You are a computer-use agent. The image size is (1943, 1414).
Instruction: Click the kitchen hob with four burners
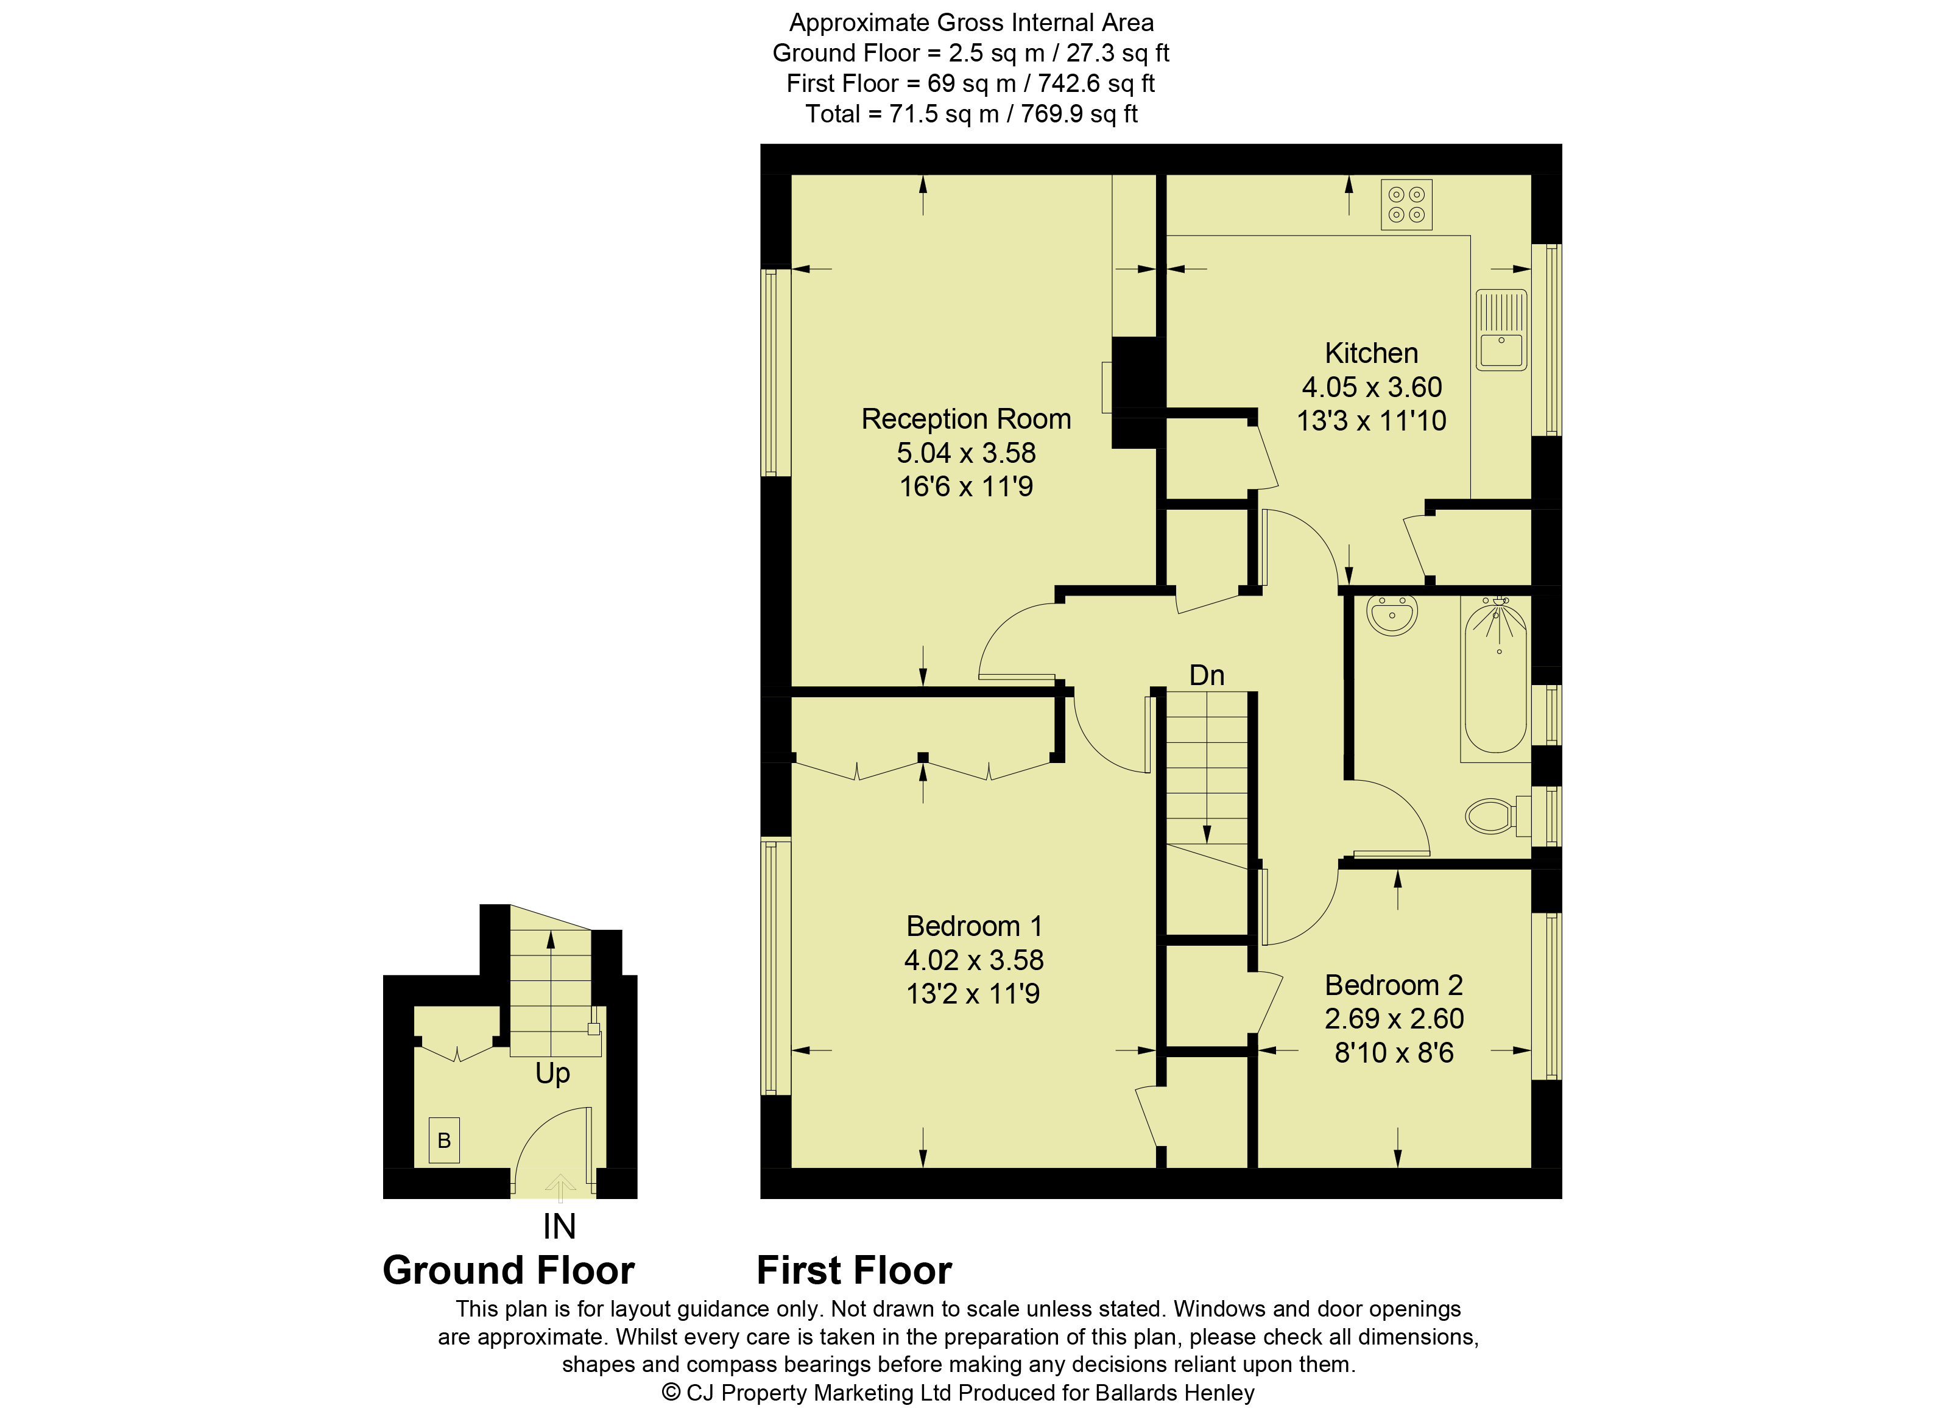click(1406, 205)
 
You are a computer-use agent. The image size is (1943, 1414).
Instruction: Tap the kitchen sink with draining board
click(1501, 329)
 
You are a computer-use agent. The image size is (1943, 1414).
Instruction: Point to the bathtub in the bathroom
click(1496, 677)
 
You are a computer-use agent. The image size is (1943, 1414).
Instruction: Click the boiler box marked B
click(444, 1140)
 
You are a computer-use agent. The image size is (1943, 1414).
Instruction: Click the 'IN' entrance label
click(559, 1227)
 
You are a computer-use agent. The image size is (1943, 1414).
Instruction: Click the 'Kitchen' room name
click(1372, 353)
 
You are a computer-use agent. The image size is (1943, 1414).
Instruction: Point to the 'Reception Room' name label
click(967, 419)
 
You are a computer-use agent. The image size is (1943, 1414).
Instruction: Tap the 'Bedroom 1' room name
click(974, 926)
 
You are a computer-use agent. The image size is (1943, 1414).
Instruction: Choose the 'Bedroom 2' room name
click(1394, 985)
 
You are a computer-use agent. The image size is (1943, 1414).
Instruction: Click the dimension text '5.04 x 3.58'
click(967, 452)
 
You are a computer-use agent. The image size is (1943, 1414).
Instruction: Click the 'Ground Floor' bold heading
click(509, 1270)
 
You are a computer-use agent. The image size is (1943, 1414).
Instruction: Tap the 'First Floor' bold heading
click(854, 1270)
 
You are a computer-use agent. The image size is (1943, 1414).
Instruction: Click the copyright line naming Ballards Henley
click(957, 1393)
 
